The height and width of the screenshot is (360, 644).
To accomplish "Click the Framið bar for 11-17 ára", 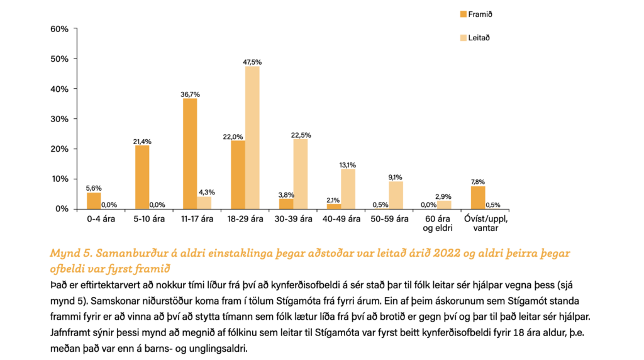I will coord(189,154).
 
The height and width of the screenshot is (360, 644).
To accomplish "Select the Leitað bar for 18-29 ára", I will coord(252,137).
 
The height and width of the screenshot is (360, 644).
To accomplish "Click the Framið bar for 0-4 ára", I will coord(94,201).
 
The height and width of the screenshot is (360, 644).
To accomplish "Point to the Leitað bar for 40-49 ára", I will coord(348,189).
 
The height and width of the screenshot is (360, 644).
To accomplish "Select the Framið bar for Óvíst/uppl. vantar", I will coord(478,198).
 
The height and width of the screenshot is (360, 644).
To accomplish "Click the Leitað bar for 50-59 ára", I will coord(396,194).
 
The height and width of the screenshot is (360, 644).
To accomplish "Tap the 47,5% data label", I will coord(252,62).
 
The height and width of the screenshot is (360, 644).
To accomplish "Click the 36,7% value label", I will coord(189,94).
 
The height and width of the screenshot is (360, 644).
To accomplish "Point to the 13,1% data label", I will coord(348,165).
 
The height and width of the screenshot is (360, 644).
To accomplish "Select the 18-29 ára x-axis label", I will coord(245,219).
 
